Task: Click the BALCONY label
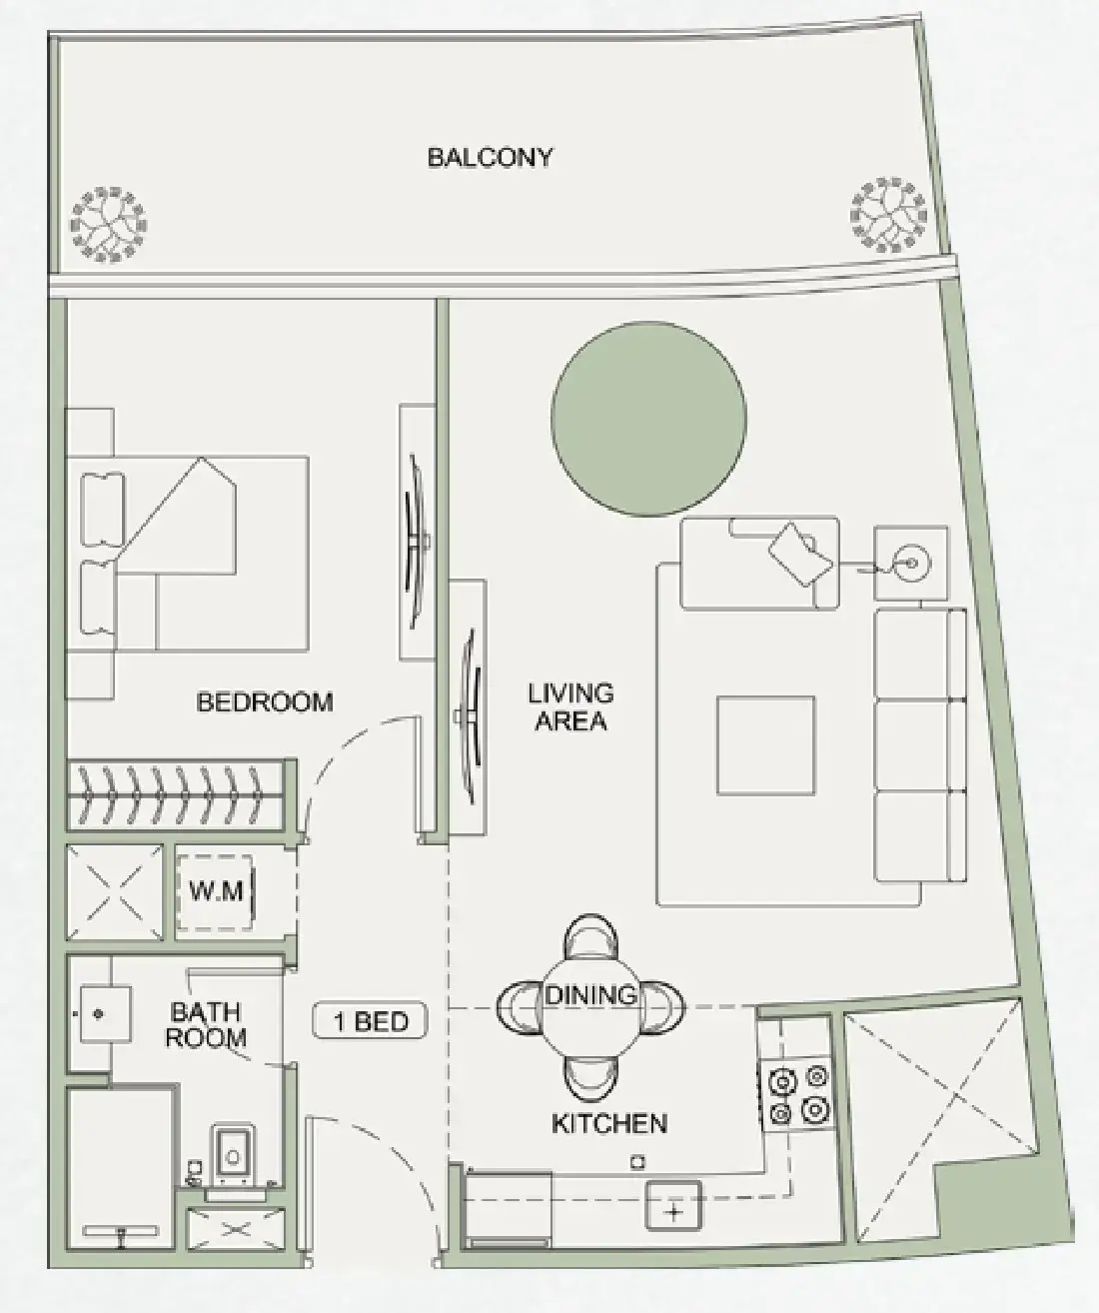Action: coord(490,158)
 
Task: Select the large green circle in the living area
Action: coord(648,419)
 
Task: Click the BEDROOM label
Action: coord(265,702)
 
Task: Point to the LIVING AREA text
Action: coord(570,706)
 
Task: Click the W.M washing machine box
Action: coord(217,890)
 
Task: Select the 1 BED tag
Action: coord(370,1022)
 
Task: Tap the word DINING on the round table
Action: coord(590,995)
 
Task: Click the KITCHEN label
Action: coord(608,1123)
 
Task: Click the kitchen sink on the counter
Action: coord(673,1207)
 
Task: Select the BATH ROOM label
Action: coord(205,1025)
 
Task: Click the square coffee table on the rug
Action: coord(765,745)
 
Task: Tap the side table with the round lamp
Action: coord(910,564)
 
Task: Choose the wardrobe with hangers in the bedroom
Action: coord(177,795)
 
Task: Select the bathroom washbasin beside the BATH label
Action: coord(99,1014)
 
